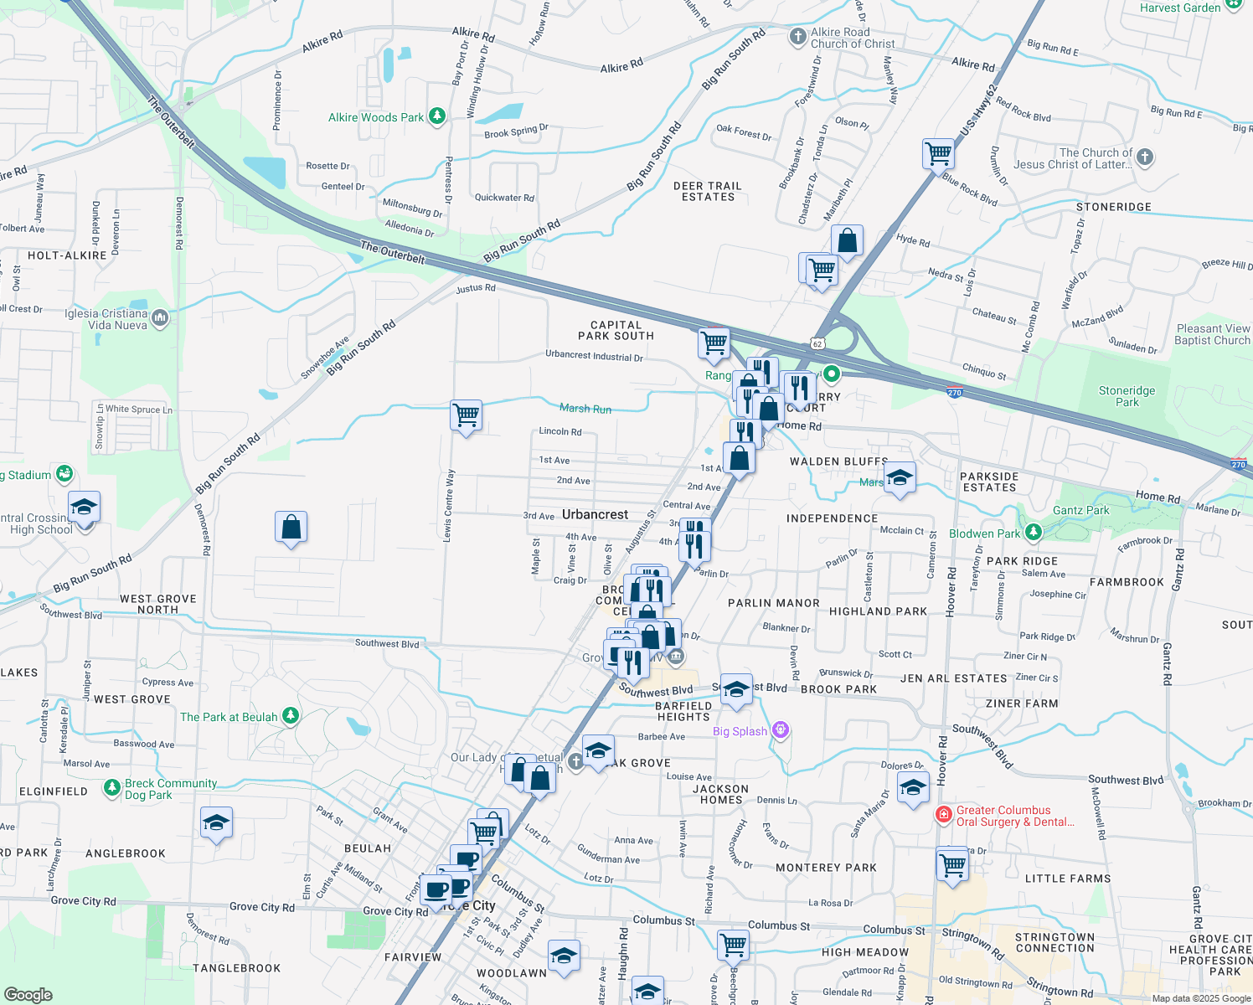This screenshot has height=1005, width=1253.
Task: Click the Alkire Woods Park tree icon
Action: coord(436,116)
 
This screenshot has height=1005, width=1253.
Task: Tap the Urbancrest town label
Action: coord(595,514)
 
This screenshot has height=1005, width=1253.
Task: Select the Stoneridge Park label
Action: coord(1127,396)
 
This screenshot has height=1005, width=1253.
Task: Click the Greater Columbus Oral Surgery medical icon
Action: coord(944,814)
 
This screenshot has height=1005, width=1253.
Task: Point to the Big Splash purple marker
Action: coord(781,730)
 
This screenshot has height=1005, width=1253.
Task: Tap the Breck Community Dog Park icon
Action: coord(112,788)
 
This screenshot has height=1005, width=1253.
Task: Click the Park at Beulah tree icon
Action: coord(291,716)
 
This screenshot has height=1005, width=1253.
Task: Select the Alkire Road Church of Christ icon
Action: coord(797,37)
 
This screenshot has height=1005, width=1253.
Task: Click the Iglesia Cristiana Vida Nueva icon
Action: coord(160,318)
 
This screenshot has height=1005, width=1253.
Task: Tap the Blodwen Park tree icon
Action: coord(1033,533)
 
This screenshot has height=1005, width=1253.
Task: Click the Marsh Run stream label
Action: coord(585,409)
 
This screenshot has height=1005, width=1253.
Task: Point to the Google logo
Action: coord(28,994)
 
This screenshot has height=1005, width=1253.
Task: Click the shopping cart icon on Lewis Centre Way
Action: coord(466,415)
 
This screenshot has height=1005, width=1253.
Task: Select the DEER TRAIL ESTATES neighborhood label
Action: coord(708,192)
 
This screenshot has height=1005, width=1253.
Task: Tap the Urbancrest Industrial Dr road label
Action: coord(594,356)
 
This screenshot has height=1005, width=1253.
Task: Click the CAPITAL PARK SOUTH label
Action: coord(616,331)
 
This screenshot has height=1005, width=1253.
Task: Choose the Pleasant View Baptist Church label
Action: coord(1212,334)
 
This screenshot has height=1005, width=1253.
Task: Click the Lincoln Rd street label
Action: coord(560,432)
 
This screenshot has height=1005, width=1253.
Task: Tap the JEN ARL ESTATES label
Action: coord(953,678)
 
